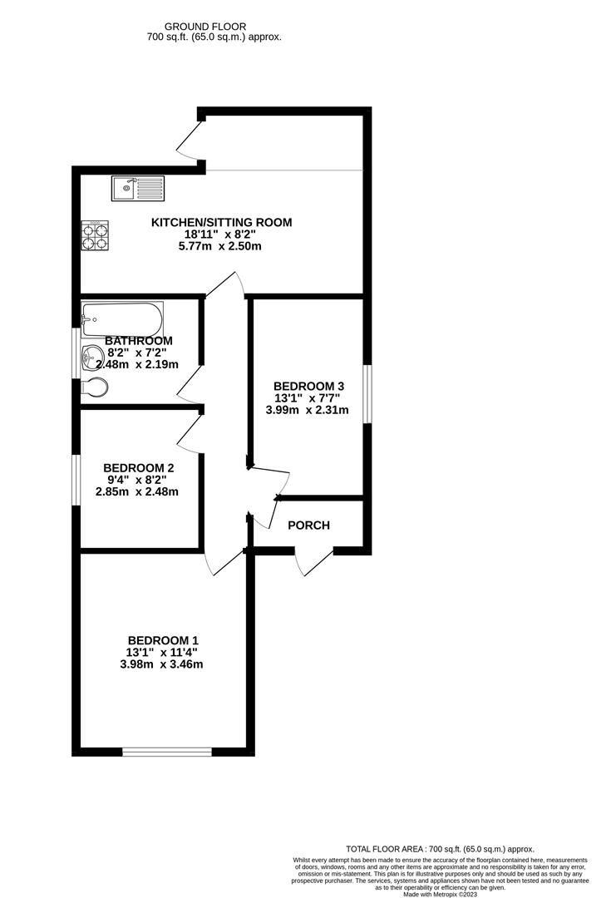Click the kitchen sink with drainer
(138, 188)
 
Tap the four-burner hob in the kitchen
(95, 234)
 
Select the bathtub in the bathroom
(122, 318)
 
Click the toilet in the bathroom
(94, 387)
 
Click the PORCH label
(308, 525)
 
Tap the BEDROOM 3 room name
(308, 386)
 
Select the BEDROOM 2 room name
(139, 468)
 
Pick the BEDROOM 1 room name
(163, 640)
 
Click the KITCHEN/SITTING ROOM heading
(222, 222)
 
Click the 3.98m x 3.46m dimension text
(161, 664)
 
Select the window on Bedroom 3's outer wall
(368, 394)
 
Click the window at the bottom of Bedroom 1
(167, 752)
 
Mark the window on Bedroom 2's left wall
(76, 480)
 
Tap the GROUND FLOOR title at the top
(205, 27)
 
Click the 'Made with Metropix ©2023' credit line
(441, 894)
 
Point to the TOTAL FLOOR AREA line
(440, 849)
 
